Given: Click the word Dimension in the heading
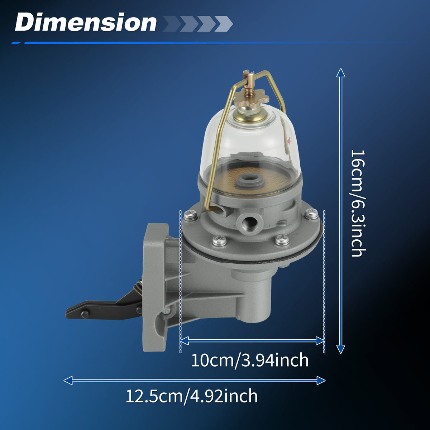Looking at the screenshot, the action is pos(86,22).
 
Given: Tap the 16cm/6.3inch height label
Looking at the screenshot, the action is pos(358,203).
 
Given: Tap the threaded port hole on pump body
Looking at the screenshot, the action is pos(250,222).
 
